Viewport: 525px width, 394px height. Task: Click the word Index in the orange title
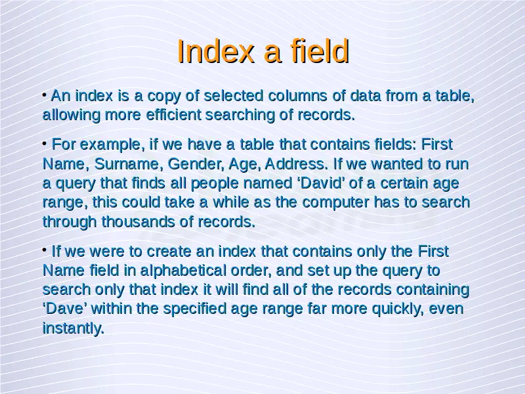(x=215, y=51)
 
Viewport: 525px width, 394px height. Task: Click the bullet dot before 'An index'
(x=45, y=95)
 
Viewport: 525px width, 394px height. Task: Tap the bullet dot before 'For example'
(x=45, y=144)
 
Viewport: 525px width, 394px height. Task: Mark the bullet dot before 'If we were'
(x=45, y=251)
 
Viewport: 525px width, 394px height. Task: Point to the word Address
(x=297, y=164)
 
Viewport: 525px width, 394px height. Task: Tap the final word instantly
(x=73, y=328)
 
